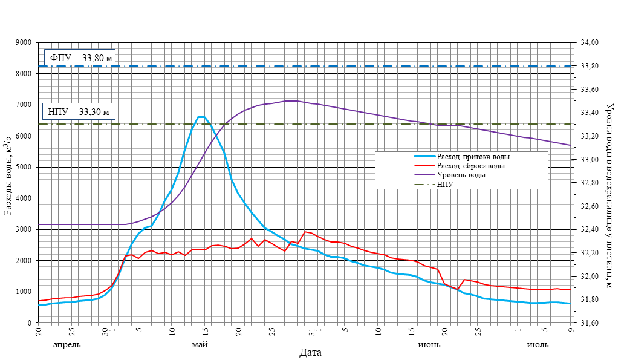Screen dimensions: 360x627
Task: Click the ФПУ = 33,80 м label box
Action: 80,58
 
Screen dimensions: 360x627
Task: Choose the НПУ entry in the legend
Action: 446,184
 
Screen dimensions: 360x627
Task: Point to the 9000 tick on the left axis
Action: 24,43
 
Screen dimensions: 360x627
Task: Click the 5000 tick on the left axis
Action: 24,168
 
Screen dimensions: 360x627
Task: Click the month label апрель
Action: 67,345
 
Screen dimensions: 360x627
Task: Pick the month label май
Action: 200,345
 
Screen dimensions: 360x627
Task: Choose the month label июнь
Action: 429,345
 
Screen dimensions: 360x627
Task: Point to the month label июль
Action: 538,345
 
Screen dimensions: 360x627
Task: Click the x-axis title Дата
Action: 310,352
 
